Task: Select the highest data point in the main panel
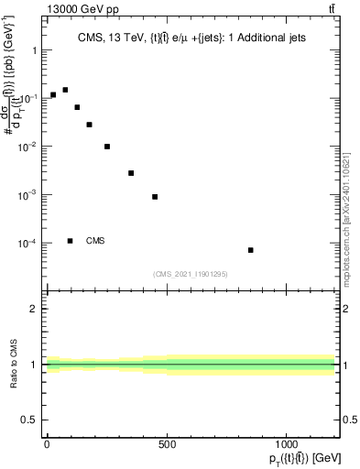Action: pyautogui.click(x=65, y=90)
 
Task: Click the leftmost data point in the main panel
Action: pyautogui.click(x=53, y=94)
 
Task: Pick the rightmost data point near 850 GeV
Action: pyautogui.click(x=251, y=250)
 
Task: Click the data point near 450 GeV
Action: pyautogui.click(x=155, y=197)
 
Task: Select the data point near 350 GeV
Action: pyautogui.click(x=131, y=173)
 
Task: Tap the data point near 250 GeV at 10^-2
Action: pyautogui.click(x=107, y=147)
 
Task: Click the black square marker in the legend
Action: pyautogui.click(x=71, y=241)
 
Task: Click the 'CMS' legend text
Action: pyautogui.click(x=95, y=241)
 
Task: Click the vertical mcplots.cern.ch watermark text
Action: pyautogui.click(x=351, y=183)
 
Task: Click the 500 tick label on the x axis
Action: pyautogui.click(x=167, y=443)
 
